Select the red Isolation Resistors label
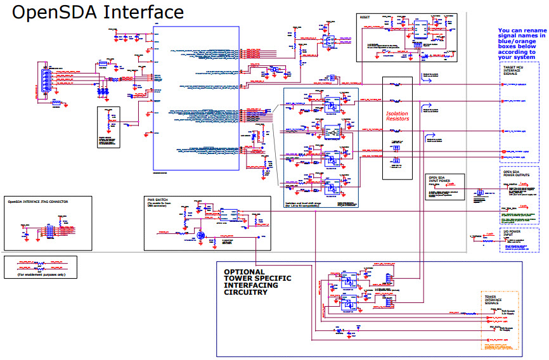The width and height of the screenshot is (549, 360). [x=397, y=116]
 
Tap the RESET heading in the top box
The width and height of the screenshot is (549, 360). [x=365, y=17]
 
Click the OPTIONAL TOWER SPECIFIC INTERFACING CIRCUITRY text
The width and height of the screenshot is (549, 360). [x=257, y=282]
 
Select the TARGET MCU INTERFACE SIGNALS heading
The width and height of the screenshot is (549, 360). [x=513, y=69]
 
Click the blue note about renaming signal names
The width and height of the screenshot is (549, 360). [x=521, y=43]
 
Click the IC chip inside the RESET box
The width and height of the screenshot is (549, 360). [x=419, y=28]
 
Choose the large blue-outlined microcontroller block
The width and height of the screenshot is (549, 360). [x=196, y=98]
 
